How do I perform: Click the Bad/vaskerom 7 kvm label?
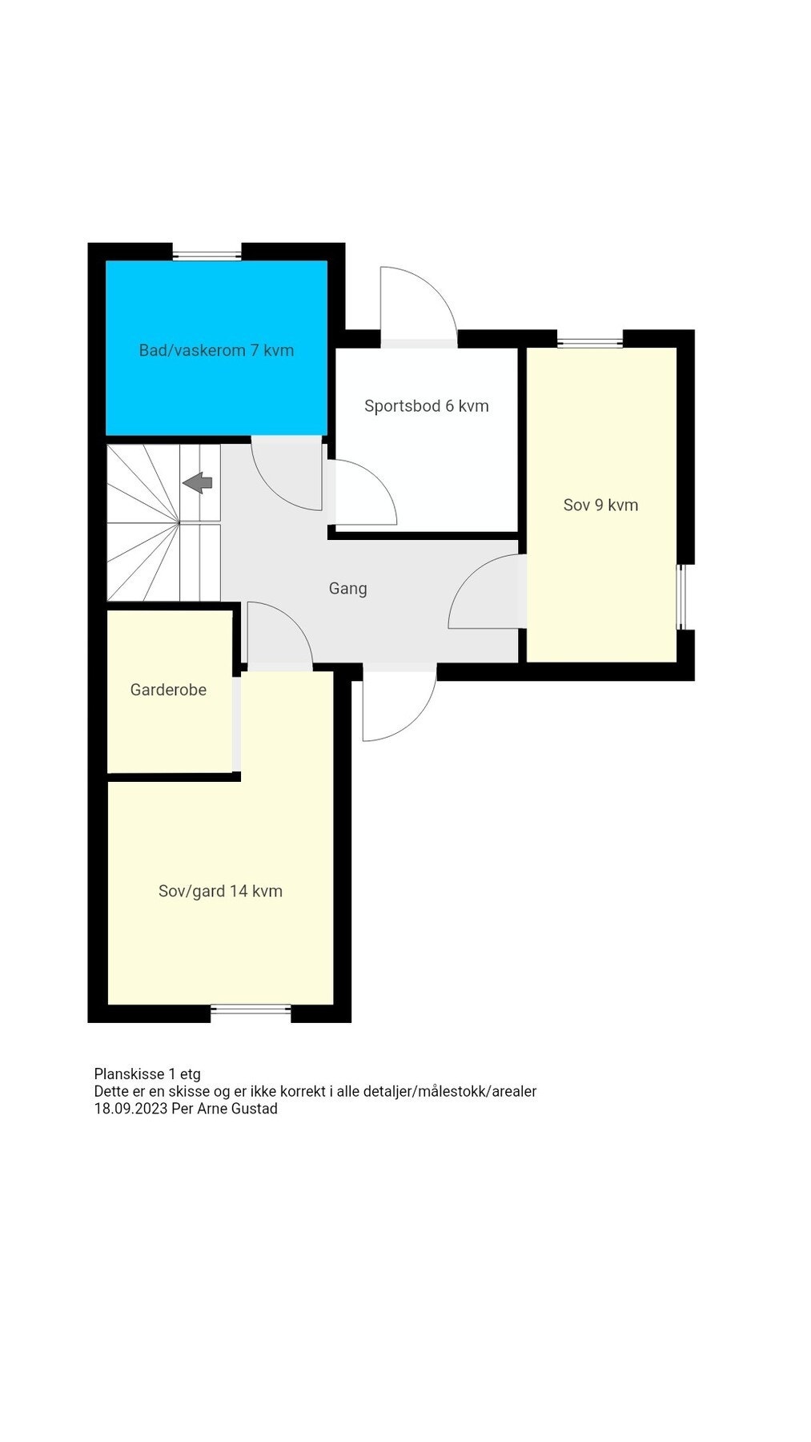tap(216, 350)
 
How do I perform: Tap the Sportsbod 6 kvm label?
tap(426, 406)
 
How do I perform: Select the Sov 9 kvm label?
tap(600, 505)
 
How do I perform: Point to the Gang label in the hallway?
tap(347, 588)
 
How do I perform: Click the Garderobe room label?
tap(168, 690)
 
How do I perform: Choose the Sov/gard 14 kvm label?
tap(220, 891)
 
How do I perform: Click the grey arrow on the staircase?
tap(198, 482)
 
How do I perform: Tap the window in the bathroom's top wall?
tap(207, 256)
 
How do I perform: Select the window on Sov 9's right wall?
tap(681, 597)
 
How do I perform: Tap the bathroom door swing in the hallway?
tap(287, 474)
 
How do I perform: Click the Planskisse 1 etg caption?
tap(147, 1073)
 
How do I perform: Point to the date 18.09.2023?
tap(130, 1109)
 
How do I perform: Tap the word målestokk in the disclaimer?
tap(452, 1091)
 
